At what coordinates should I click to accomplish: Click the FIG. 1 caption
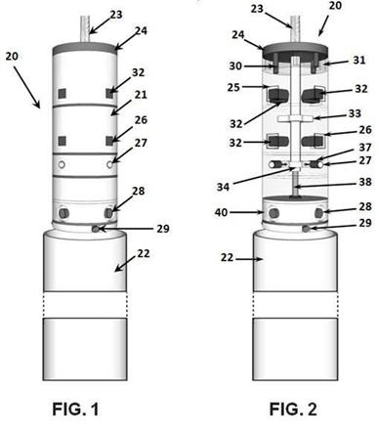76,409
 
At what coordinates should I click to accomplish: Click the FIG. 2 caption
293,409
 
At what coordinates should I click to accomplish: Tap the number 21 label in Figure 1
140,95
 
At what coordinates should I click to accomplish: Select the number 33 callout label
355,113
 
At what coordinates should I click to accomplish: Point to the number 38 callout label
364,182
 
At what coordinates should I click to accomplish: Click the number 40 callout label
221,212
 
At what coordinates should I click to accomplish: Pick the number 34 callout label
223,187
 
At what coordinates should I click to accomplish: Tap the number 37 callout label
364,148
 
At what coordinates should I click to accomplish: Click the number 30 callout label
235,65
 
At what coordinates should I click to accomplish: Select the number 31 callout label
358,60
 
